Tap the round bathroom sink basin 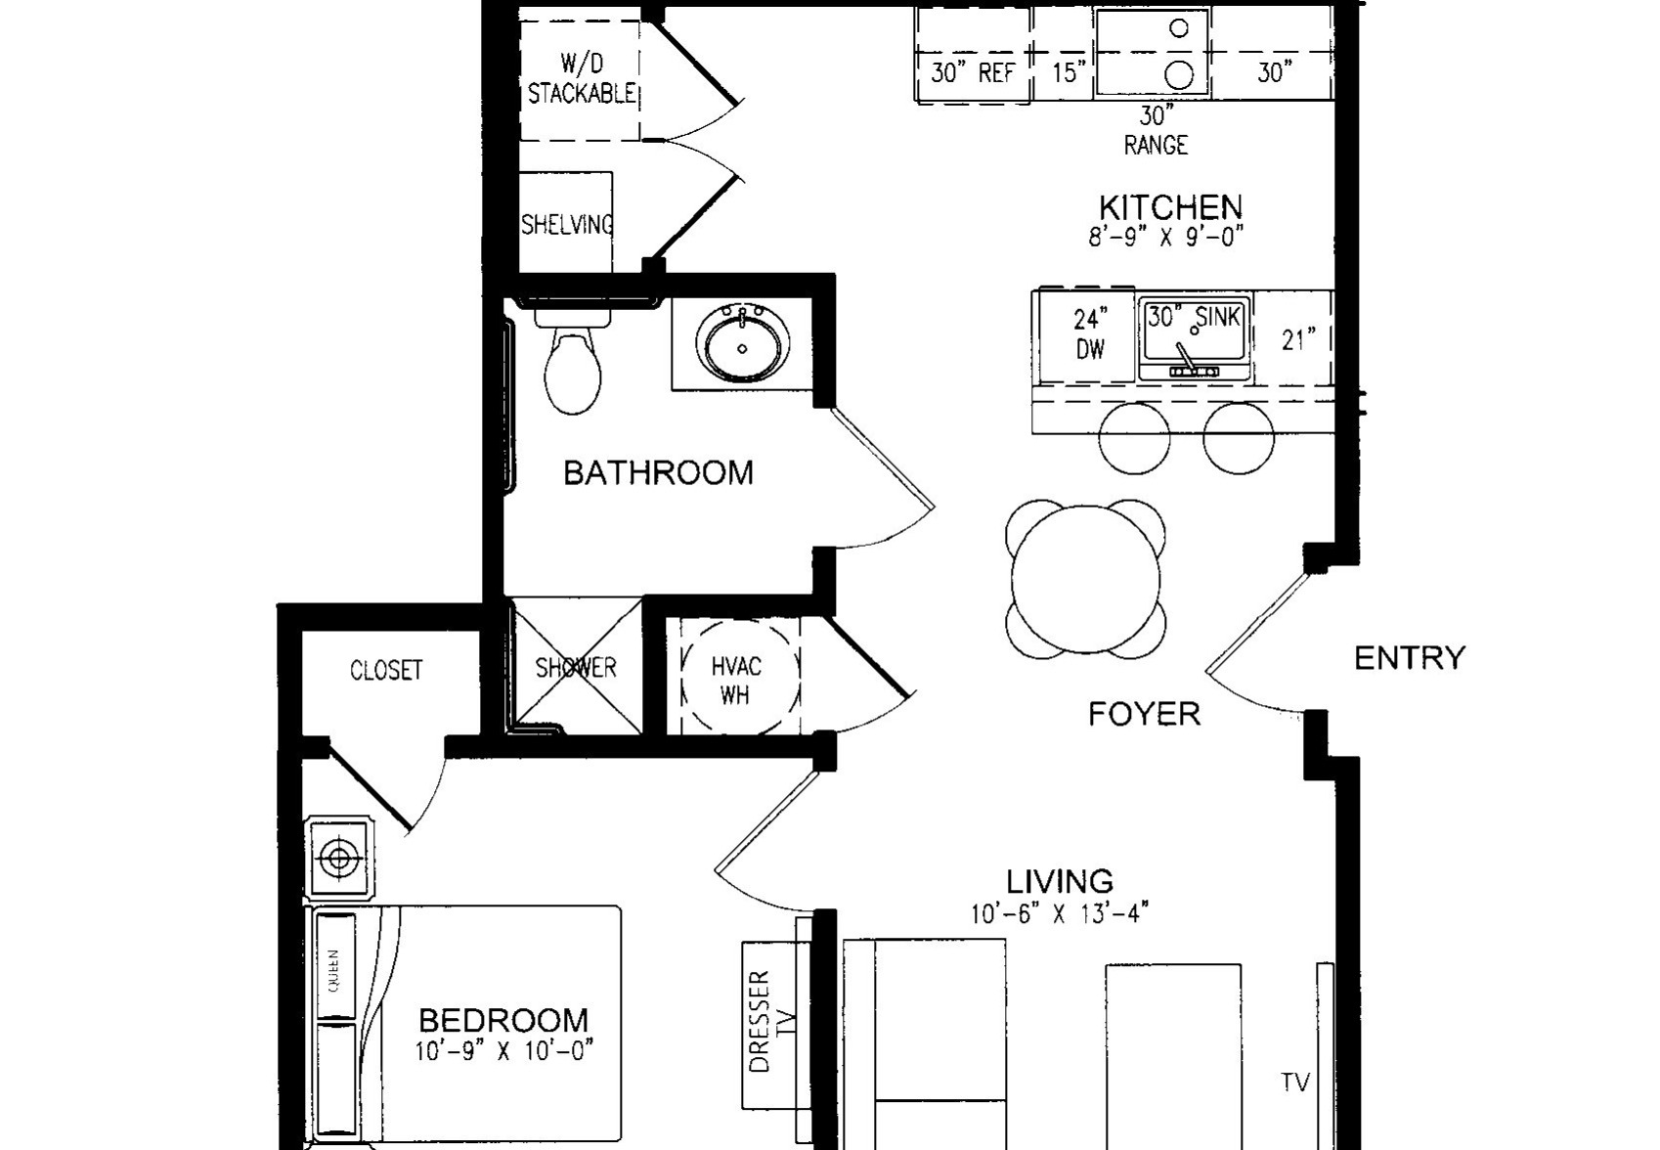tap(742, 345)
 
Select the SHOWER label tap(576, 667)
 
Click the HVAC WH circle tap(740, 676)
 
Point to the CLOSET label tap(386, 670)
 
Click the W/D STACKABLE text tap(582, 78)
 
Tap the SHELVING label tap(567, 224)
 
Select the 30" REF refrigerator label tap(972, 72)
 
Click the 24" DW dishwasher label tap(1090, 333)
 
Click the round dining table tap(1086, 578)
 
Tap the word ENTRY tap(1410, 658)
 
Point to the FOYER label tap(1144, 713)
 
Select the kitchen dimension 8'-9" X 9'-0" tap(1165, 237)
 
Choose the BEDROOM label tap(503, 1020)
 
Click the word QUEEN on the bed tap(333, 971)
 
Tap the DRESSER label tap(760, 1021)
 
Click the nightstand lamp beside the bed tap(338, 859)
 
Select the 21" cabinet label tap(1298, 339)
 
